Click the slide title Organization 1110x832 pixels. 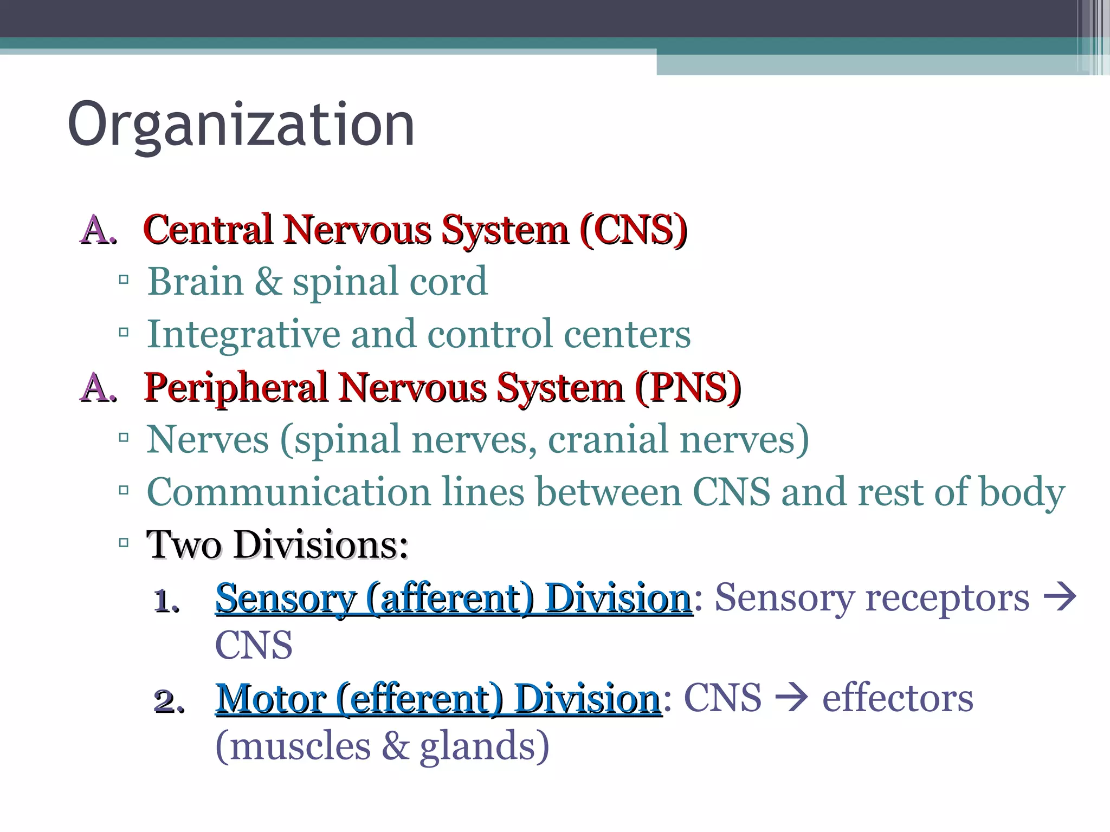point(241,126)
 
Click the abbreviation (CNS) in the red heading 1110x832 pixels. point(633,230)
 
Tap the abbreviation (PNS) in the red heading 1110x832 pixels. point(688,388)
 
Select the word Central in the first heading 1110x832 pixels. point(208,230)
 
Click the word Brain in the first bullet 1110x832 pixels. point(195,282)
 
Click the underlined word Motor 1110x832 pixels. point(270,699)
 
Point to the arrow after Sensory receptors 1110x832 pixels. point(1060,597)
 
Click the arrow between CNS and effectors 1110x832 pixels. point(792,698)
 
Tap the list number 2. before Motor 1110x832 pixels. point(169,701)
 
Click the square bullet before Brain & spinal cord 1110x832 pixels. point(124,280)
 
